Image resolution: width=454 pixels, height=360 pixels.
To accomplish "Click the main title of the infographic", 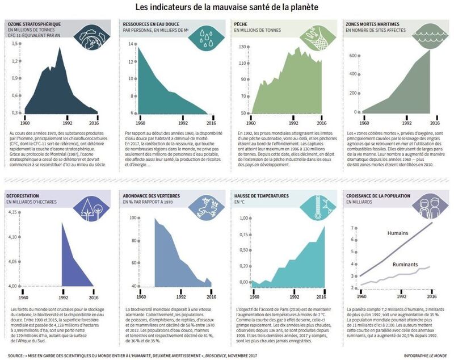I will click(227, 7).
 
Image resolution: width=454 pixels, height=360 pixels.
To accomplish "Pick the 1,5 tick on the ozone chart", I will click(13, 43).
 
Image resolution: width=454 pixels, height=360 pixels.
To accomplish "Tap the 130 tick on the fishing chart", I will click(240, 47).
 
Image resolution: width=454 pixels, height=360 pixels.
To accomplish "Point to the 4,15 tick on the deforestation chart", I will click(14, 212).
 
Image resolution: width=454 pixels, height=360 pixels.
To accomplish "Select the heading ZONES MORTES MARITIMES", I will click(375, 25).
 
